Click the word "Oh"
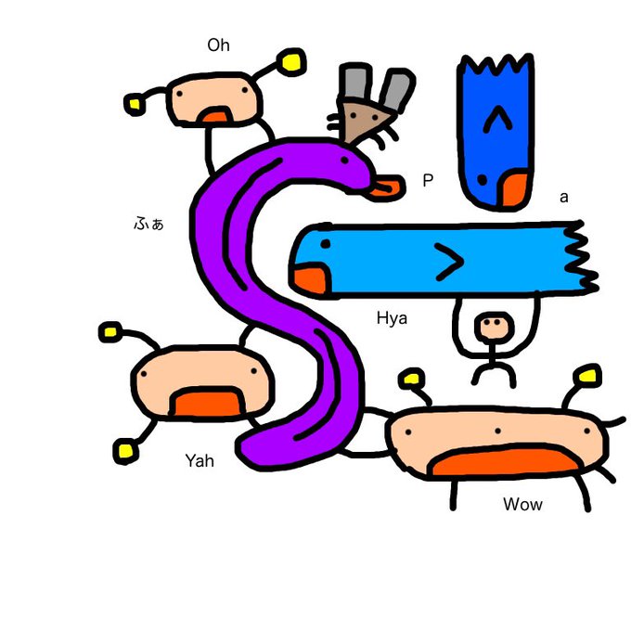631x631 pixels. (218, 45)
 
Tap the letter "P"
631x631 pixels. (428, 181)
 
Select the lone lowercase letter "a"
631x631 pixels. (563, 198)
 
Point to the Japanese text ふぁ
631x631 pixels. (148, 224)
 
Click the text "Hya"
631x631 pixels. (392, 318)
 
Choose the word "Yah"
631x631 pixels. (200, 459)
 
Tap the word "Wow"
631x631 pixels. (522, 505)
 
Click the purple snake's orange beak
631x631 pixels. (387, 189)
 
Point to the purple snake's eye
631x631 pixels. (348, 161)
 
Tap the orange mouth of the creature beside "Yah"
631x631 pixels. (207, 403)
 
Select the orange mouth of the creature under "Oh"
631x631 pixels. (216, 115)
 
